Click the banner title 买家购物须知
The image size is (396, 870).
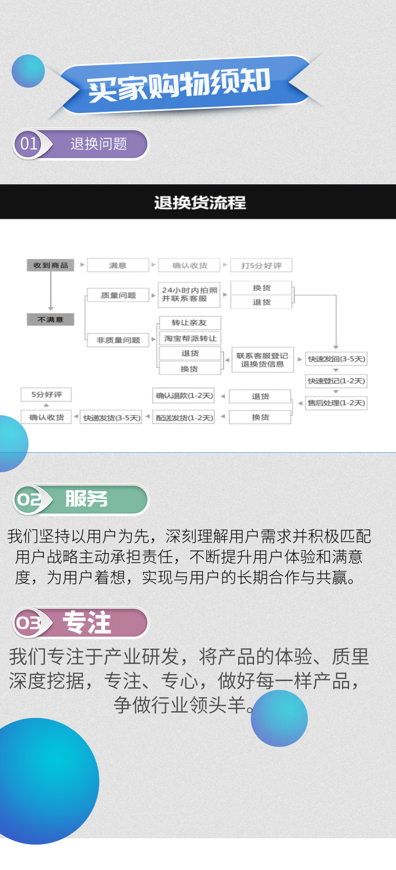pyautogui.click(x=180, y=85)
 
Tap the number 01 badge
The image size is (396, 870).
pyautogui.click(x=29, y=144)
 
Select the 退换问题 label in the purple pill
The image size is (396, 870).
pyautogui.click(x=99, y=144)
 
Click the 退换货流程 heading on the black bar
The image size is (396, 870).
pyautogui.click(x=200, y=202)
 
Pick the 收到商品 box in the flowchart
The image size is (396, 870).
pyautogui.click(x=51, y=265)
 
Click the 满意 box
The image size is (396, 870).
pyautogui.click(x=118, y=265)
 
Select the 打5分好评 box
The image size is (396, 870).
pyautogui.click(x=261, y=265)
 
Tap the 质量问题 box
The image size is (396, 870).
pyautogui.click(x=118, y=295)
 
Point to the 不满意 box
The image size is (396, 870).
pyautogui.click(x=51, y=320)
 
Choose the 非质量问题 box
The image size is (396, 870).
pyautogui.click(x=118, y=340)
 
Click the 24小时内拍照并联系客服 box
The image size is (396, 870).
pyautogui.click(x=189, y=295)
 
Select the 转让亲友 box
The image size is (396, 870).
pyautogui.click(x=190, y=323)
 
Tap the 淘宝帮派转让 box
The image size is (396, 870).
pyautogui.click(x=190, y=338)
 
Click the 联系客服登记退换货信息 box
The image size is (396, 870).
pyautogui.click(x=262, y=360)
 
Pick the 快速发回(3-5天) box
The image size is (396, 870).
pyautogui.click(x=336, y=359)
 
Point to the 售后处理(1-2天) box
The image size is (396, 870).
pyautogui.click(x=336, y=403)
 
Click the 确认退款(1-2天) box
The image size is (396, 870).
pyautogui.click(x=184, y=396)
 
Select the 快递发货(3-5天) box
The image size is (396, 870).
pyautogui.click(x=111, y=418)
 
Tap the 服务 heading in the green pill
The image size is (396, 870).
pyautogui.click(x=86, y=499)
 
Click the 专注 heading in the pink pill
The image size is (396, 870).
pyautogui.click(x=87, y=622)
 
